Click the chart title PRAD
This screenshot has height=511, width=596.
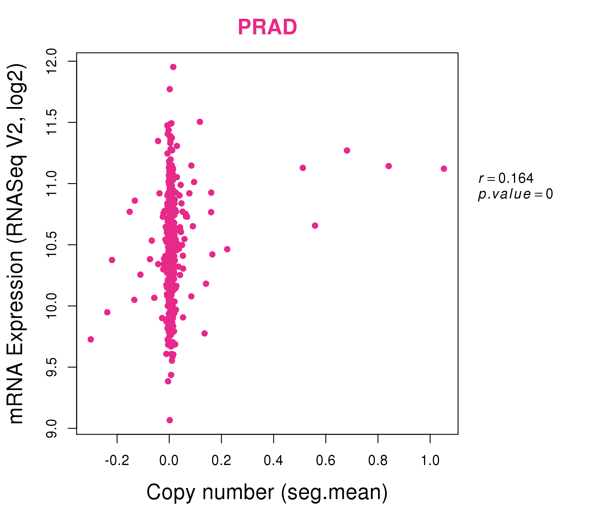point(267,27)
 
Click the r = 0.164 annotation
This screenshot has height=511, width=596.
point(506,178)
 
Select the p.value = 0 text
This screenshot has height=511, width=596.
point(515,194)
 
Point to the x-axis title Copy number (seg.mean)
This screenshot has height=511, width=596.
point(267,492)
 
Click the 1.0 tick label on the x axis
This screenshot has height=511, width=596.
point(430,461)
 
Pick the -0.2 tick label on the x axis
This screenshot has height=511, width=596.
point(117,461)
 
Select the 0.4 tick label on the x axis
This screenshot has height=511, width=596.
point(273,461)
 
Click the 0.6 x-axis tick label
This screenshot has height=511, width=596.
point(326,461)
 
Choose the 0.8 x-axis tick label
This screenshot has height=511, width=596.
point(378,461)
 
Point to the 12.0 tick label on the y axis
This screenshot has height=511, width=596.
point(52,61)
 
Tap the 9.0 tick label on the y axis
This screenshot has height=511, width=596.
point(52,428)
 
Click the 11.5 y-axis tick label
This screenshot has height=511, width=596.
point(52,123)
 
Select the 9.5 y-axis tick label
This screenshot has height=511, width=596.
point(52,367)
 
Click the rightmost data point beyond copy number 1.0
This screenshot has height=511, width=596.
point(444,169)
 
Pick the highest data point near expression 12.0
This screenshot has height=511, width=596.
point(173,67)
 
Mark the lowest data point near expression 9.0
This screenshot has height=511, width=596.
point(170,420)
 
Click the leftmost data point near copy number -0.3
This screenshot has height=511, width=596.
point(91,340)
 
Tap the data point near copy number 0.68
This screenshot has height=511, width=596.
point(347,150)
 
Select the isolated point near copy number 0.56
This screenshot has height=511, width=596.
point(315,226)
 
